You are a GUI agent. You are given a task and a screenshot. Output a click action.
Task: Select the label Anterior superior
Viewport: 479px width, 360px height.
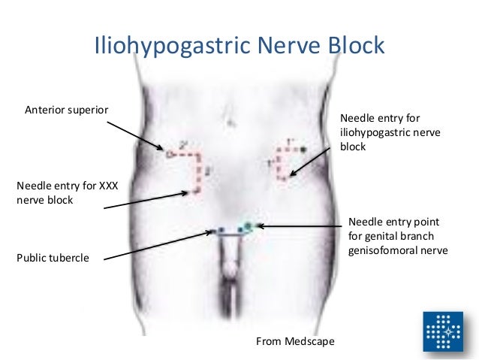[67, 110]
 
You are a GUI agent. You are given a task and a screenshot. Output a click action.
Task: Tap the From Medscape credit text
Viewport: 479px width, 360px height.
[296, 343]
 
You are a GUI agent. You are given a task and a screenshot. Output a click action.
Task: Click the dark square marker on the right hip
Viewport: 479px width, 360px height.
[303, 150]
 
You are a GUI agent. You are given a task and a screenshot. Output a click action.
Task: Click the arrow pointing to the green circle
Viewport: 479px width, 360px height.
[301, 225]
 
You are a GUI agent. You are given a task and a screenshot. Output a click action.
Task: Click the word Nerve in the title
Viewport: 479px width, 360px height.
[291, 47]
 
